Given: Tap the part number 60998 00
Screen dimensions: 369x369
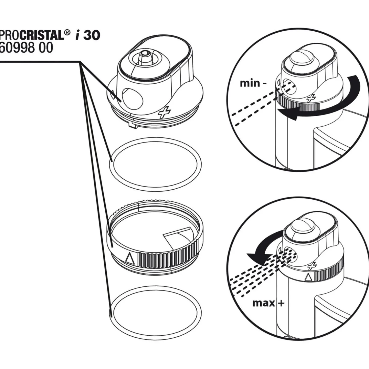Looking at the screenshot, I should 27,48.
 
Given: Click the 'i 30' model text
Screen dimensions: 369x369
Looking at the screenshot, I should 88,35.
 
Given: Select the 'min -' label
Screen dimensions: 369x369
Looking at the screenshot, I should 253,83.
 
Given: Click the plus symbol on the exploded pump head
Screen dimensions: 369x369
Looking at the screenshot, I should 164,112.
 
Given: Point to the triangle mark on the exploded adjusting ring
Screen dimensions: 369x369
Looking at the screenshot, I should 130,259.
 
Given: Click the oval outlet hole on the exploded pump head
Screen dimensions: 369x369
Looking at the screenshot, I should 132,99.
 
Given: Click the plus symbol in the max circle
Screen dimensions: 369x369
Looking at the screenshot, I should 312,266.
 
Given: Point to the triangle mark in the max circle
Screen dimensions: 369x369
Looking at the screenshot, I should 308,277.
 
